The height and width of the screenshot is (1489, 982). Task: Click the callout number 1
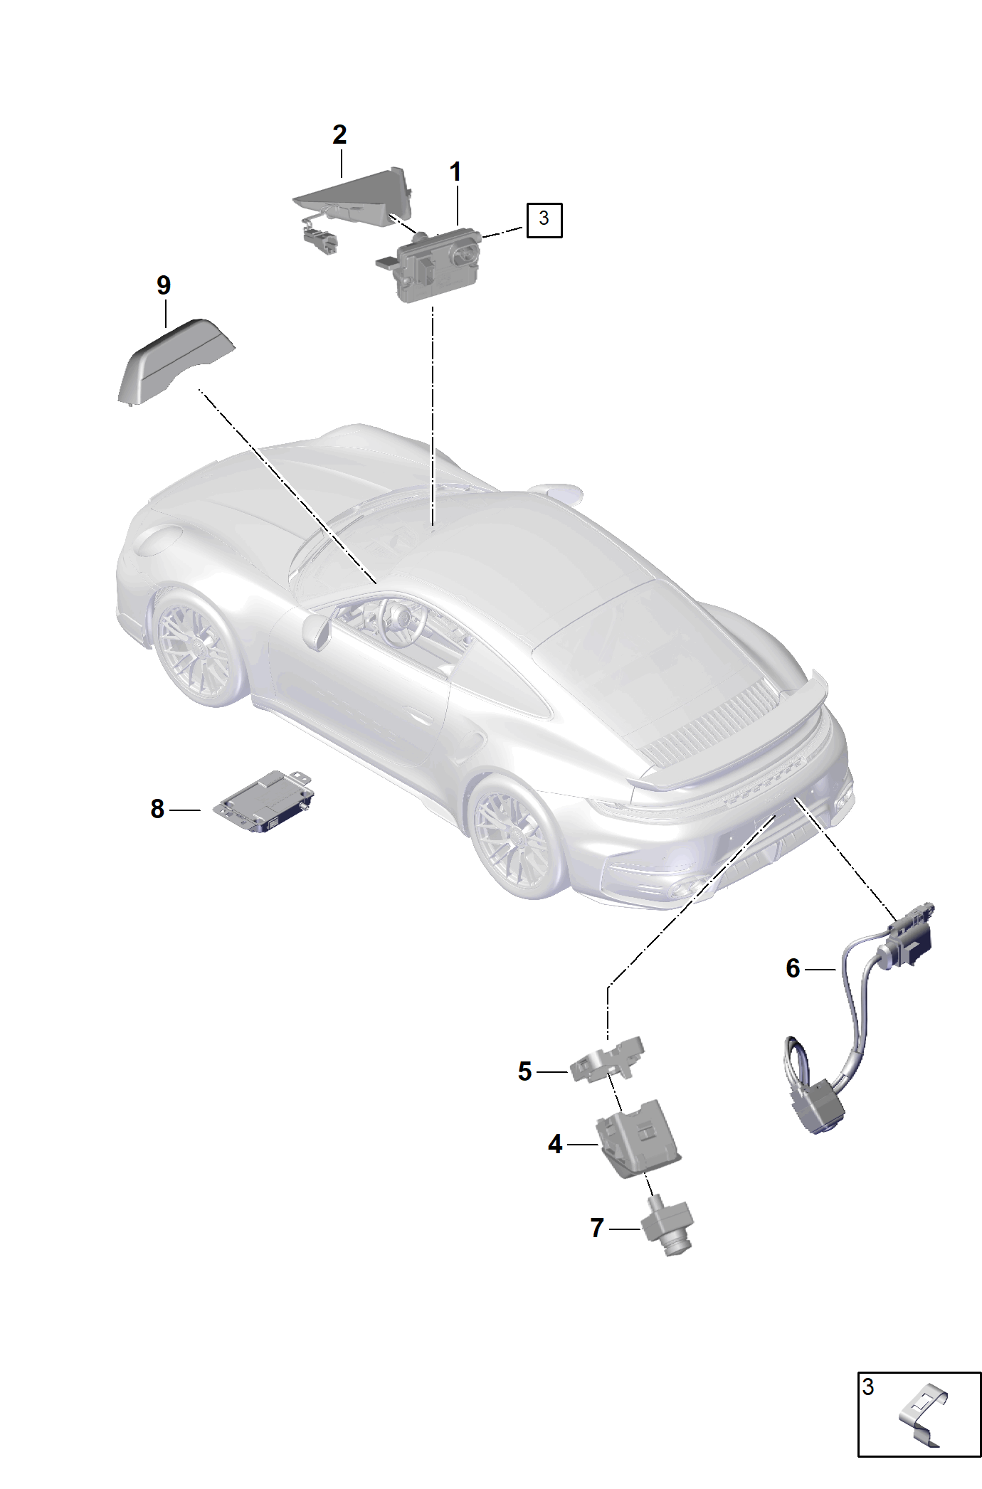point(455,171)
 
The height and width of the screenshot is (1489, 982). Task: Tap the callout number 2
point(339,134)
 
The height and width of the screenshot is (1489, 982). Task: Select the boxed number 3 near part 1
point(544,218)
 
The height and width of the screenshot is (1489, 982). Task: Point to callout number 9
point(164,285)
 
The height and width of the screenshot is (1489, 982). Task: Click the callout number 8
point(157,809)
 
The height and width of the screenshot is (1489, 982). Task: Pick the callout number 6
point(793,968)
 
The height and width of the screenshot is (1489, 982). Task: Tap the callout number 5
point(525,1071)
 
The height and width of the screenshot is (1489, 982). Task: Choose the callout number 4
point(555,1144)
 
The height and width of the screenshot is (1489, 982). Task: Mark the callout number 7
point(597,1228)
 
